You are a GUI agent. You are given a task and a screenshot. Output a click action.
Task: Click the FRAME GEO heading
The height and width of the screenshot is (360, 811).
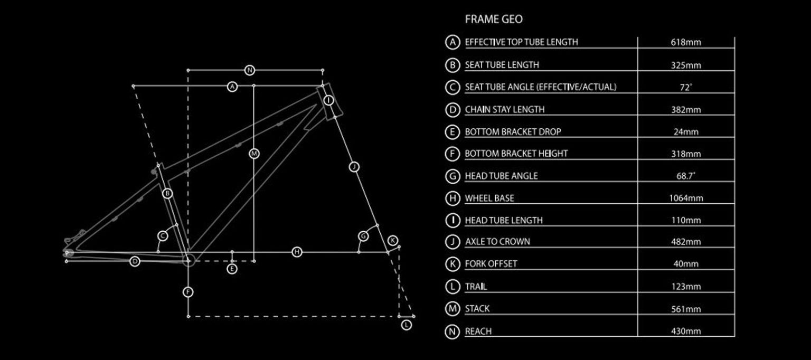pos(494,19)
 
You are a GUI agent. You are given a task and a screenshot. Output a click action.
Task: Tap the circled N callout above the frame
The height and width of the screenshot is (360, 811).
pos(249,70)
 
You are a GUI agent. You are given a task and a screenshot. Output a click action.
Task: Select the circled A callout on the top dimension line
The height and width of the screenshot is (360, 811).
pos(232,87)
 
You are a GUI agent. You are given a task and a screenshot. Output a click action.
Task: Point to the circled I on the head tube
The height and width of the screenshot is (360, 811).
pos(328,100)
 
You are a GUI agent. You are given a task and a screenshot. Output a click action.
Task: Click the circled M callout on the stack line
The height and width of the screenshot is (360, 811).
pos(254,154)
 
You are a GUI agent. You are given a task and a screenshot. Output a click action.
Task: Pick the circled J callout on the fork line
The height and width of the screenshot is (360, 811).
pos(354,167)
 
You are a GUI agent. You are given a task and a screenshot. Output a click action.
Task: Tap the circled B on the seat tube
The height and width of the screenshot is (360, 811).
pos(167,194)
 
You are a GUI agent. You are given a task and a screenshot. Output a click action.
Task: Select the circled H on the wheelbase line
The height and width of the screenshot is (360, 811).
pos(297,252)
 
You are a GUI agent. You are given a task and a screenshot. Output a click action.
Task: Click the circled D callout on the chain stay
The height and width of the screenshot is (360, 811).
pos(135,261)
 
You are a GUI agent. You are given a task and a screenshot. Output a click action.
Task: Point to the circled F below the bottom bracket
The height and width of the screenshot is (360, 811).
pos(188,292)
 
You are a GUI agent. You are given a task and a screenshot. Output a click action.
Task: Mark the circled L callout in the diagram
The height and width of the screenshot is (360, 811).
pos(407,325)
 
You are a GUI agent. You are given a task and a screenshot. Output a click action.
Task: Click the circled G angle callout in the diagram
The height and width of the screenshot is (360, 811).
pos(363,236)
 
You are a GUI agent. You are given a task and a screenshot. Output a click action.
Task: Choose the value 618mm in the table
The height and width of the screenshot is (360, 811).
pos(686,42)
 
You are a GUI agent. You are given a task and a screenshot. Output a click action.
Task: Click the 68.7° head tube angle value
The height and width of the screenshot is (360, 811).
pos(686,176)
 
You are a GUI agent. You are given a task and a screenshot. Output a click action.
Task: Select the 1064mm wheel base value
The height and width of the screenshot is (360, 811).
pos(686,198)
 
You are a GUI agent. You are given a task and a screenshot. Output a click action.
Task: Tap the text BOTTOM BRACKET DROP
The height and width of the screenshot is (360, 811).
pos(513,131)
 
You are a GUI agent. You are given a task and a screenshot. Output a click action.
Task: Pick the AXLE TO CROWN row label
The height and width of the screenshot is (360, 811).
pos(497,242)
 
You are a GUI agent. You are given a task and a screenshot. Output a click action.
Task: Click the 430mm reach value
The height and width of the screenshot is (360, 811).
pos(686,331)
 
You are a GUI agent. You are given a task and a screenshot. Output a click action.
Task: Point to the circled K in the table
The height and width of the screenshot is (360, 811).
pos(452,264)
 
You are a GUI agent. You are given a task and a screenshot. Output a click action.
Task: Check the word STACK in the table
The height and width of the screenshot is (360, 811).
pos(477,309)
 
